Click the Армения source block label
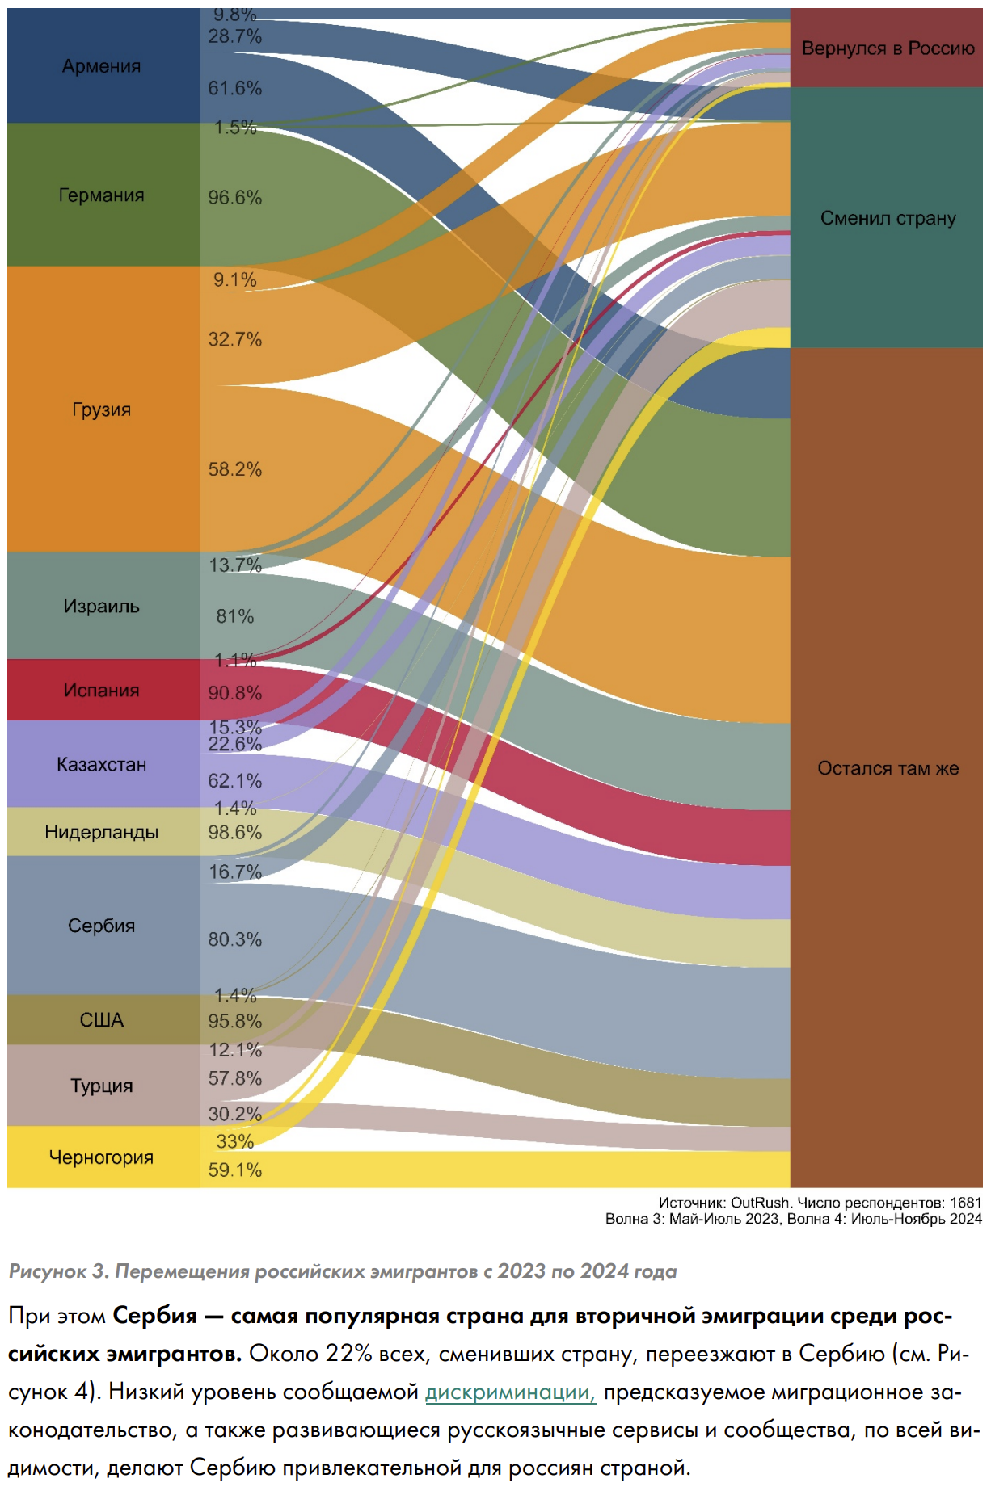tap(101, 66)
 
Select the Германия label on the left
tap(101, 195)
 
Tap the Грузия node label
tap(101, 409)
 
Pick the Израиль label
tap(101, 607)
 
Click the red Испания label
tap(101, 691)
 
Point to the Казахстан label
tap(101, 764)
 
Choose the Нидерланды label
tap(101, 832)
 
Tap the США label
tap(101, 1020)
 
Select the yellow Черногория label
tap(101, 1157)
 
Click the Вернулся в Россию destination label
tap(888, 48)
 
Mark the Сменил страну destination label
tap(888, 218)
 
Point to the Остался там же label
tap(888, 768)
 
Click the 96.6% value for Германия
tap(234, 198)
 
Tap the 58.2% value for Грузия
tap(234, 469)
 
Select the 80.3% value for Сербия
tap(234, 939)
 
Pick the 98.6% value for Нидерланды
tap(234, 833)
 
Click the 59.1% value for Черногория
tap(234, 1170)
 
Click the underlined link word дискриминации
tap(510, 1392)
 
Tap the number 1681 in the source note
tap(966, 1203)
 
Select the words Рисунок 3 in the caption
tap(57, 1271)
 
